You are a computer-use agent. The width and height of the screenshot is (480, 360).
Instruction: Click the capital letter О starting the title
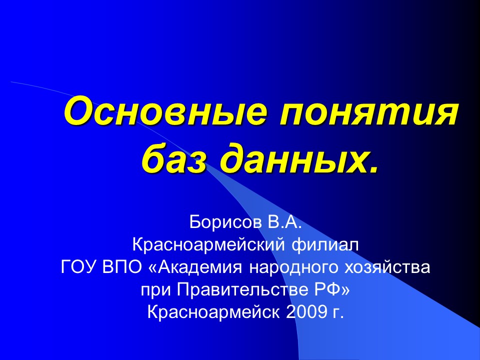pos(76,112)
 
